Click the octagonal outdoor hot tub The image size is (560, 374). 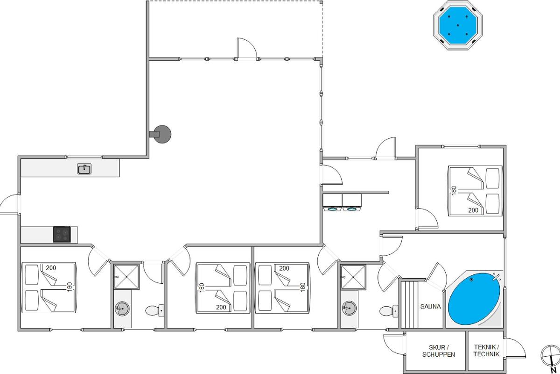[458, 25]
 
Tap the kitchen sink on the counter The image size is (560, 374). [84, 169]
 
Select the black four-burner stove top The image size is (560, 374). [62, 234]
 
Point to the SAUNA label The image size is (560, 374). [430, 306]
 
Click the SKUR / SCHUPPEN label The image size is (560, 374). [439, 351]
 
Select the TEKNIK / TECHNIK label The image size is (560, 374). [486, 351]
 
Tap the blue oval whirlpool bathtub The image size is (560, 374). [474, 299]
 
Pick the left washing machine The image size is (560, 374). [332, 202]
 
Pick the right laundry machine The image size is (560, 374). [352, 202]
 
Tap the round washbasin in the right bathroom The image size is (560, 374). [349, 308]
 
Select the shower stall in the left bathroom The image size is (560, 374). [126, 277]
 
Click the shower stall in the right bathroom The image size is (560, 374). [353, 277]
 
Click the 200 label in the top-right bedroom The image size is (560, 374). [473, 210]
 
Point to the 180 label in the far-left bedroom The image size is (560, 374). [70, 287]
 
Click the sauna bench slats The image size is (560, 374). [410, 304]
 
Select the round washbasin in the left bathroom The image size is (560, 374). [122, 309]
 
